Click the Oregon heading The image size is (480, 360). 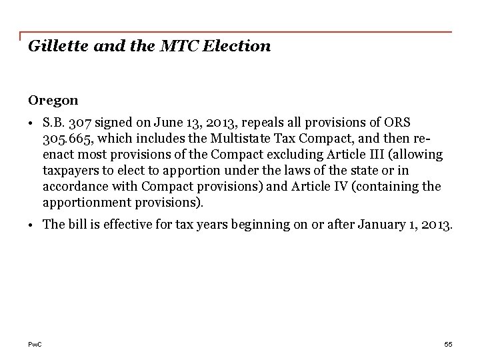(53, 101)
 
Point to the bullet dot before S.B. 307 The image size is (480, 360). (33, 123)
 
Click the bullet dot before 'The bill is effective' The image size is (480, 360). (33, 225)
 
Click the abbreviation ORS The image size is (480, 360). (398, 123)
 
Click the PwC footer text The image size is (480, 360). (35, 344)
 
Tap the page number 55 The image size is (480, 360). (448, 344)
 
